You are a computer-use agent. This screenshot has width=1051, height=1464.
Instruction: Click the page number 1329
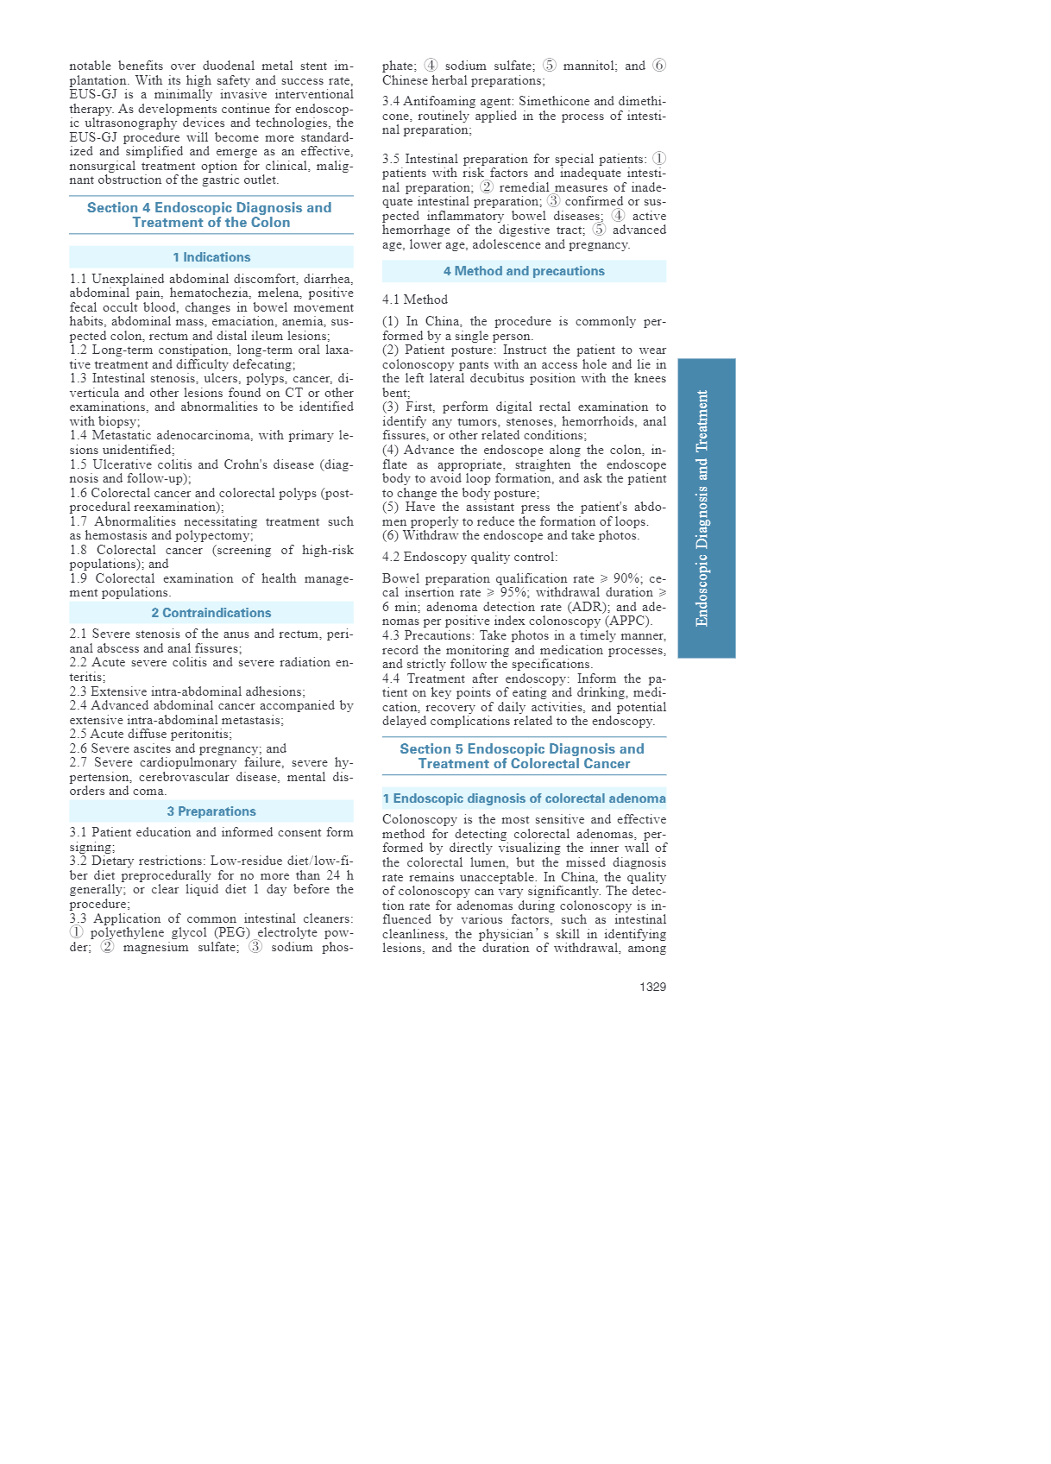point(652,987)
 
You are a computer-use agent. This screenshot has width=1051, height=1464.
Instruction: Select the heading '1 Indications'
point(211,257)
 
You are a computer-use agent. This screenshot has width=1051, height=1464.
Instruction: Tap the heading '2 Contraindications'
point(211,613)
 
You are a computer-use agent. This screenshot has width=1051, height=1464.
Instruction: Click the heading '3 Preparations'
point(211,811)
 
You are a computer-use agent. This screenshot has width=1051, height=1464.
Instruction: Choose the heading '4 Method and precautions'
point(524,271)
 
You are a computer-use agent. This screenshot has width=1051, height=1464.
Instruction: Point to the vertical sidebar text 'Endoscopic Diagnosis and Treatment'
point(703,508)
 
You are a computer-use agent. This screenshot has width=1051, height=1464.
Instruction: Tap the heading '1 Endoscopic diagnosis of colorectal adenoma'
point(524,798)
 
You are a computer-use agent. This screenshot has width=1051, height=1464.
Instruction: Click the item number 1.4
point(79,436)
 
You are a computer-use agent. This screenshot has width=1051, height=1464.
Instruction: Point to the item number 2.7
point(79,763)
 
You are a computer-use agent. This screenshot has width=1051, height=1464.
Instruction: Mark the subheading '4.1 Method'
point(414,300)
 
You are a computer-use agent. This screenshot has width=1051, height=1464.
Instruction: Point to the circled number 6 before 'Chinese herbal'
point(659,66)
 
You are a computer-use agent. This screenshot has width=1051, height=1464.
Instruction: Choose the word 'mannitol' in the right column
point(588,66)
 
